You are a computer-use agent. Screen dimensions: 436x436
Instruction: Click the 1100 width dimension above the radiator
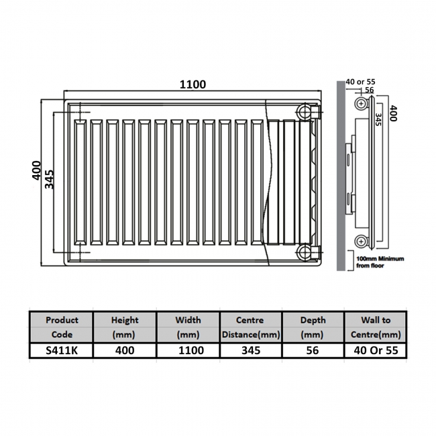193,85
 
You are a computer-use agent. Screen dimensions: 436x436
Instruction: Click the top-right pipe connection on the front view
307,111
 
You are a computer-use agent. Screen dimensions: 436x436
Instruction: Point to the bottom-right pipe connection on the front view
307,252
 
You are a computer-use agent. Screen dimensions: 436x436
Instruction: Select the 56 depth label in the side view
369,90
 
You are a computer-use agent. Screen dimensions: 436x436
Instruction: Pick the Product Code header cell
61,327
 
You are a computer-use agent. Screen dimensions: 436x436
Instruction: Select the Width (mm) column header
188,327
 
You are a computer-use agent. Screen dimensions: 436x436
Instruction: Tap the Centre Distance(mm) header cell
250,327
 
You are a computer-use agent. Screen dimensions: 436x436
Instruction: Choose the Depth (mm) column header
311,327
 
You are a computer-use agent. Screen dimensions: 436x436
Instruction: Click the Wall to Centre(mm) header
375,327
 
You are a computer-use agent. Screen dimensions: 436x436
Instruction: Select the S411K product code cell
61,350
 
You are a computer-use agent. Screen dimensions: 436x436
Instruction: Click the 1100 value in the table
188,350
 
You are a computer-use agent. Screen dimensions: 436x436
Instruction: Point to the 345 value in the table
250,350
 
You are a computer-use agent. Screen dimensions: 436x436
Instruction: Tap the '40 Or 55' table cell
375,350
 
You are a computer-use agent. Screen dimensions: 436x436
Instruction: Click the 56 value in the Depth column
311,350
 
